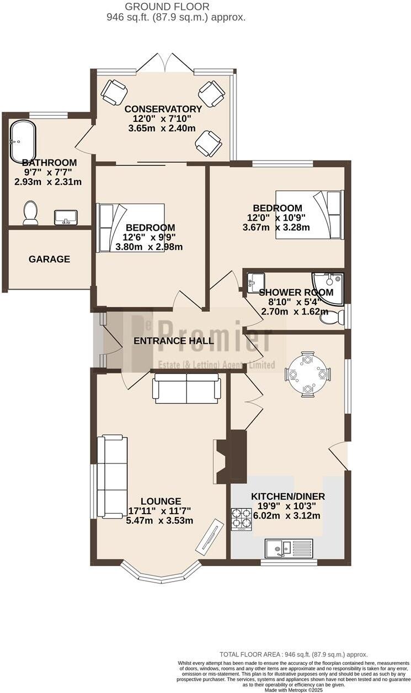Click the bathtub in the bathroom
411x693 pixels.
click(x=23, y=141)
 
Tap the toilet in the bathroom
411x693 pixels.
click(x=30, y=212)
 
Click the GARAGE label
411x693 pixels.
click(x=50, y=259)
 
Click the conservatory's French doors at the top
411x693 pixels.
click(x=165, y=63)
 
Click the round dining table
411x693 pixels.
click(x=307, y=374)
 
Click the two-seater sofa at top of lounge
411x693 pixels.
click(x=186, y=388)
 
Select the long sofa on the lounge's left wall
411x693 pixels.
click(x=111, y=477)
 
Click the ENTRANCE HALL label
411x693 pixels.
click(x=174, y=341)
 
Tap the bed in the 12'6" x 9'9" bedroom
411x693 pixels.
click(x=131, y=227)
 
